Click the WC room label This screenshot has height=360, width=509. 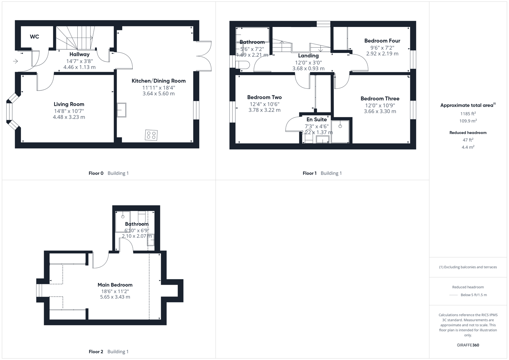34,37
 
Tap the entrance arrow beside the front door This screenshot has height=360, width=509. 15,61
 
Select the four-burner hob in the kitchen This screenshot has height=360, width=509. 151,135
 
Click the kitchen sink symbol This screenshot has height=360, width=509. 121,110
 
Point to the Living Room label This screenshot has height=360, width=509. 69,104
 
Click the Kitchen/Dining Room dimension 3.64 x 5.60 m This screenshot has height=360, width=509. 158,94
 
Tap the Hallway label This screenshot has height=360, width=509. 79,54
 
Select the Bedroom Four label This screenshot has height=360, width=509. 382,41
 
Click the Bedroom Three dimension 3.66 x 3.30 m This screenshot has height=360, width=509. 380,111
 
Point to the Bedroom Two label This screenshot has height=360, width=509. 264,97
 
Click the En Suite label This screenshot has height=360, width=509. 316,119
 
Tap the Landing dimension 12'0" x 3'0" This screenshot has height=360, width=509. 308,62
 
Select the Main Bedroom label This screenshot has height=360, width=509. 115,285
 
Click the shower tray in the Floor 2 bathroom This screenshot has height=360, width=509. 123,221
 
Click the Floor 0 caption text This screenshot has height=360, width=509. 96,173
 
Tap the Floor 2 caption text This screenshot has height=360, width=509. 96,351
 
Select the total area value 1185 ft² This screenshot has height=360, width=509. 468,114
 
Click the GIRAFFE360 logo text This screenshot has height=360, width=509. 468,345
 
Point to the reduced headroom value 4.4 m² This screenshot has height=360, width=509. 468,147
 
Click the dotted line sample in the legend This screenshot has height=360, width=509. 453,295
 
